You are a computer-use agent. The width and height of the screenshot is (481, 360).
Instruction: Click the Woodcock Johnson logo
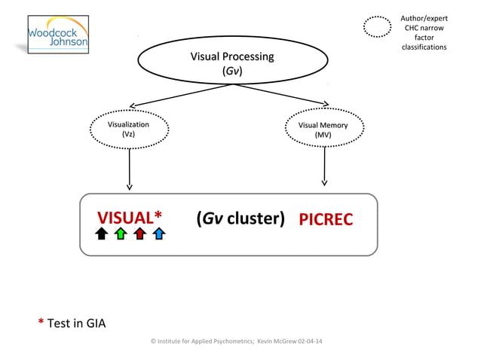point(58,35)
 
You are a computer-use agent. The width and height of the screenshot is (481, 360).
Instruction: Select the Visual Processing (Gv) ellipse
point(232,64)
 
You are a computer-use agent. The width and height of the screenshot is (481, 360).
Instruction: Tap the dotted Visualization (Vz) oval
point(129,129)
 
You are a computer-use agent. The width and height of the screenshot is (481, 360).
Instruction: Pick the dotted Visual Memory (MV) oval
point(323,130)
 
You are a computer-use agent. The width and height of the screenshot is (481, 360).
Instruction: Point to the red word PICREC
point(326,219)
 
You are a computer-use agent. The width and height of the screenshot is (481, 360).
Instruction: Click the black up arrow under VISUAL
point(102,234)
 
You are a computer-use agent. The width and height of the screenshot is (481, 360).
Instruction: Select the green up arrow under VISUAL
point(121,234)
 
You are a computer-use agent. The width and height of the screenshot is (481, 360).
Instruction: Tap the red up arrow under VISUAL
point(139,234)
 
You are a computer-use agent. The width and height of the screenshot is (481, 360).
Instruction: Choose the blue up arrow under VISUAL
point(158,234)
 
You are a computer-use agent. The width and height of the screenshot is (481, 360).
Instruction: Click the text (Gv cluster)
point(240,218)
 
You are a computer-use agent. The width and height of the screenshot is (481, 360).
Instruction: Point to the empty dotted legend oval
point(377,26)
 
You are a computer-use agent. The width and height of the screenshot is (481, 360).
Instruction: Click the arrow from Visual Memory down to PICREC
point(324,165)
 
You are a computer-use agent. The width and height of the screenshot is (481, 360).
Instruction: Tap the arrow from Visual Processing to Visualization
point(181,95)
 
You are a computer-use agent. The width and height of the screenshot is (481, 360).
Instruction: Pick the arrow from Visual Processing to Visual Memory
point(280,95)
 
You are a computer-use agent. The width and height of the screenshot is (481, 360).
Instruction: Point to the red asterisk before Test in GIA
point(41,322)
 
